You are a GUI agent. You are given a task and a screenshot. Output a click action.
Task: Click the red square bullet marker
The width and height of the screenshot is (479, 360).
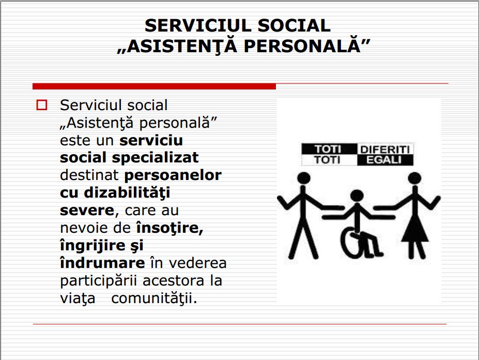click(x=41, y=106)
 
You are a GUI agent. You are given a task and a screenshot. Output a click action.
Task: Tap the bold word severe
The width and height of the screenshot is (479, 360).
click(x=87, y=210)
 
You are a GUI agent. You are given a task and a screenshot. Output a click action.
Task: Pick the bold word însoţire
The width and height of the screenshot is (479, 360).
click(x=169, y=228)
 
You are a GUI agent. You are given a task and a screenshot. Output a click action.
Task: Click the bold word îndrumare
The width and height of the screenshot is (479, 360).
click(x=102, y=263)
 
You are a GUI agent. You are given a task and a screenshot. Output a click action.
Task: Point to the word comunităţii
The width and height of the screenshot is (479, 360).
click(x=154, y=298)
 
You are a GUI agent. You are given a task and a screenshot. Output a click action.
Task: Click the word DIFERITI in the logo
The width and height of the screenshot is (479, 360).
click(x=386, y=149)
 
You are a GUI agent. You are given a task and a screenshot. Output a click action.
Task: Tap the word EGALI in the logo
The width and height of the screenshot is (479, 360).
click(x=385, y=160)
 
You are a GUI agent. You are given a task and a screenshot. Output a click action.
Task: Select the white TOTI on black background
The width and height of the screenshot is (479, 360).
click(x=329, y=149)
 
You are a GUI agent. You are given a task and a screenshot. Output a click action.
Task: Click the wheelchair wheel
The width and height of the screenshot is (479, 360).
click(x=352, y=243)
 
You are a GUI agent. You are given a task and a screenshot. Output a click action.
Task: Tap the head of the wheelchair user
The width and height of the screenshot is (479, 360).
click(x=357, y=197)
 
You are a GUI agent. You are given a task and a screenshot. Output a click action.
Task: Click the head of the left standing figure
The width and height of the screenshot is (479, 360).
click(x=304, y=178)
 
